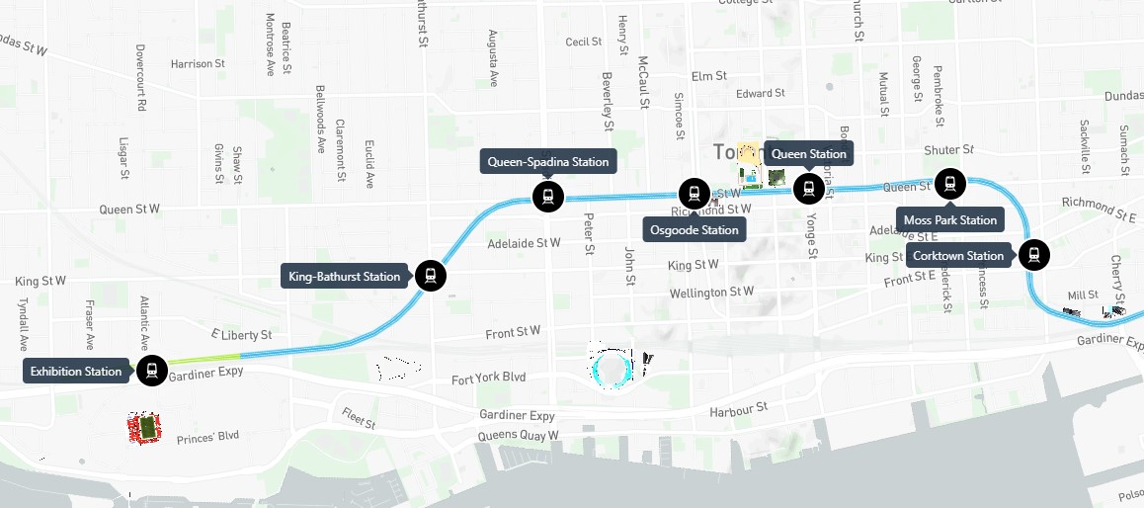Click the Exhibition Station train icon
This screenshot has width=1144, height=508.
(151, 372)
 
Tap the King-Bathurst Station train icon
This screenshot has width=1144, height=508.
(431, 276)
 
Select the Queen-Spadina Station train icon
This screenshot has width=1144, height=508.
(547, 196)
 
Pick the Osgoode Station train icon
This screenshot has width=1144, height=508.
(695, 194)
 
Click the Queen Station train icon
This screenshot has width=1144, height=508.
(809, 188)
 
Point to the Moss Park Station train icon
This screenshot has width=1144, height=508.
(950, 183)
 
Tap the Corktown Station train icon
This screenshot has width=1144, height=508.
(1034, 255)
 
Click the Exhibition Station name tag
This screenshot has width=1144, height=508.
(76, 372)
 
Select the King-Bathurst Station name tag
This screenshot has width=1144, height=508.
(345, 276)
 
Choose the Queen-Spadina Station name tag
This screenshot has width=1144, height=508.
(548, 161)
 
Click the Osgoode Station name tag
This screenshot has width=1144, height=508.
(695, 230)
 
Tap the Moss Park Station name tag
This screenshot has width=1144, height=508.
(950, 219)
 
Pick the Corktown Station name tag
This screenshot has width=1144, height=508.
(958, 256)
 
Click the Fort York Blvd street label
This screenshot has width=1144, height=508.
(489, 379)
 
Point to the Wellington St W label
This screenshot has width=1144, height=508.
(711, 293)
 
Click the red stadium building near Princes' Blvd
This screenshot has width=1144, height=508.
(146, 428)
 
